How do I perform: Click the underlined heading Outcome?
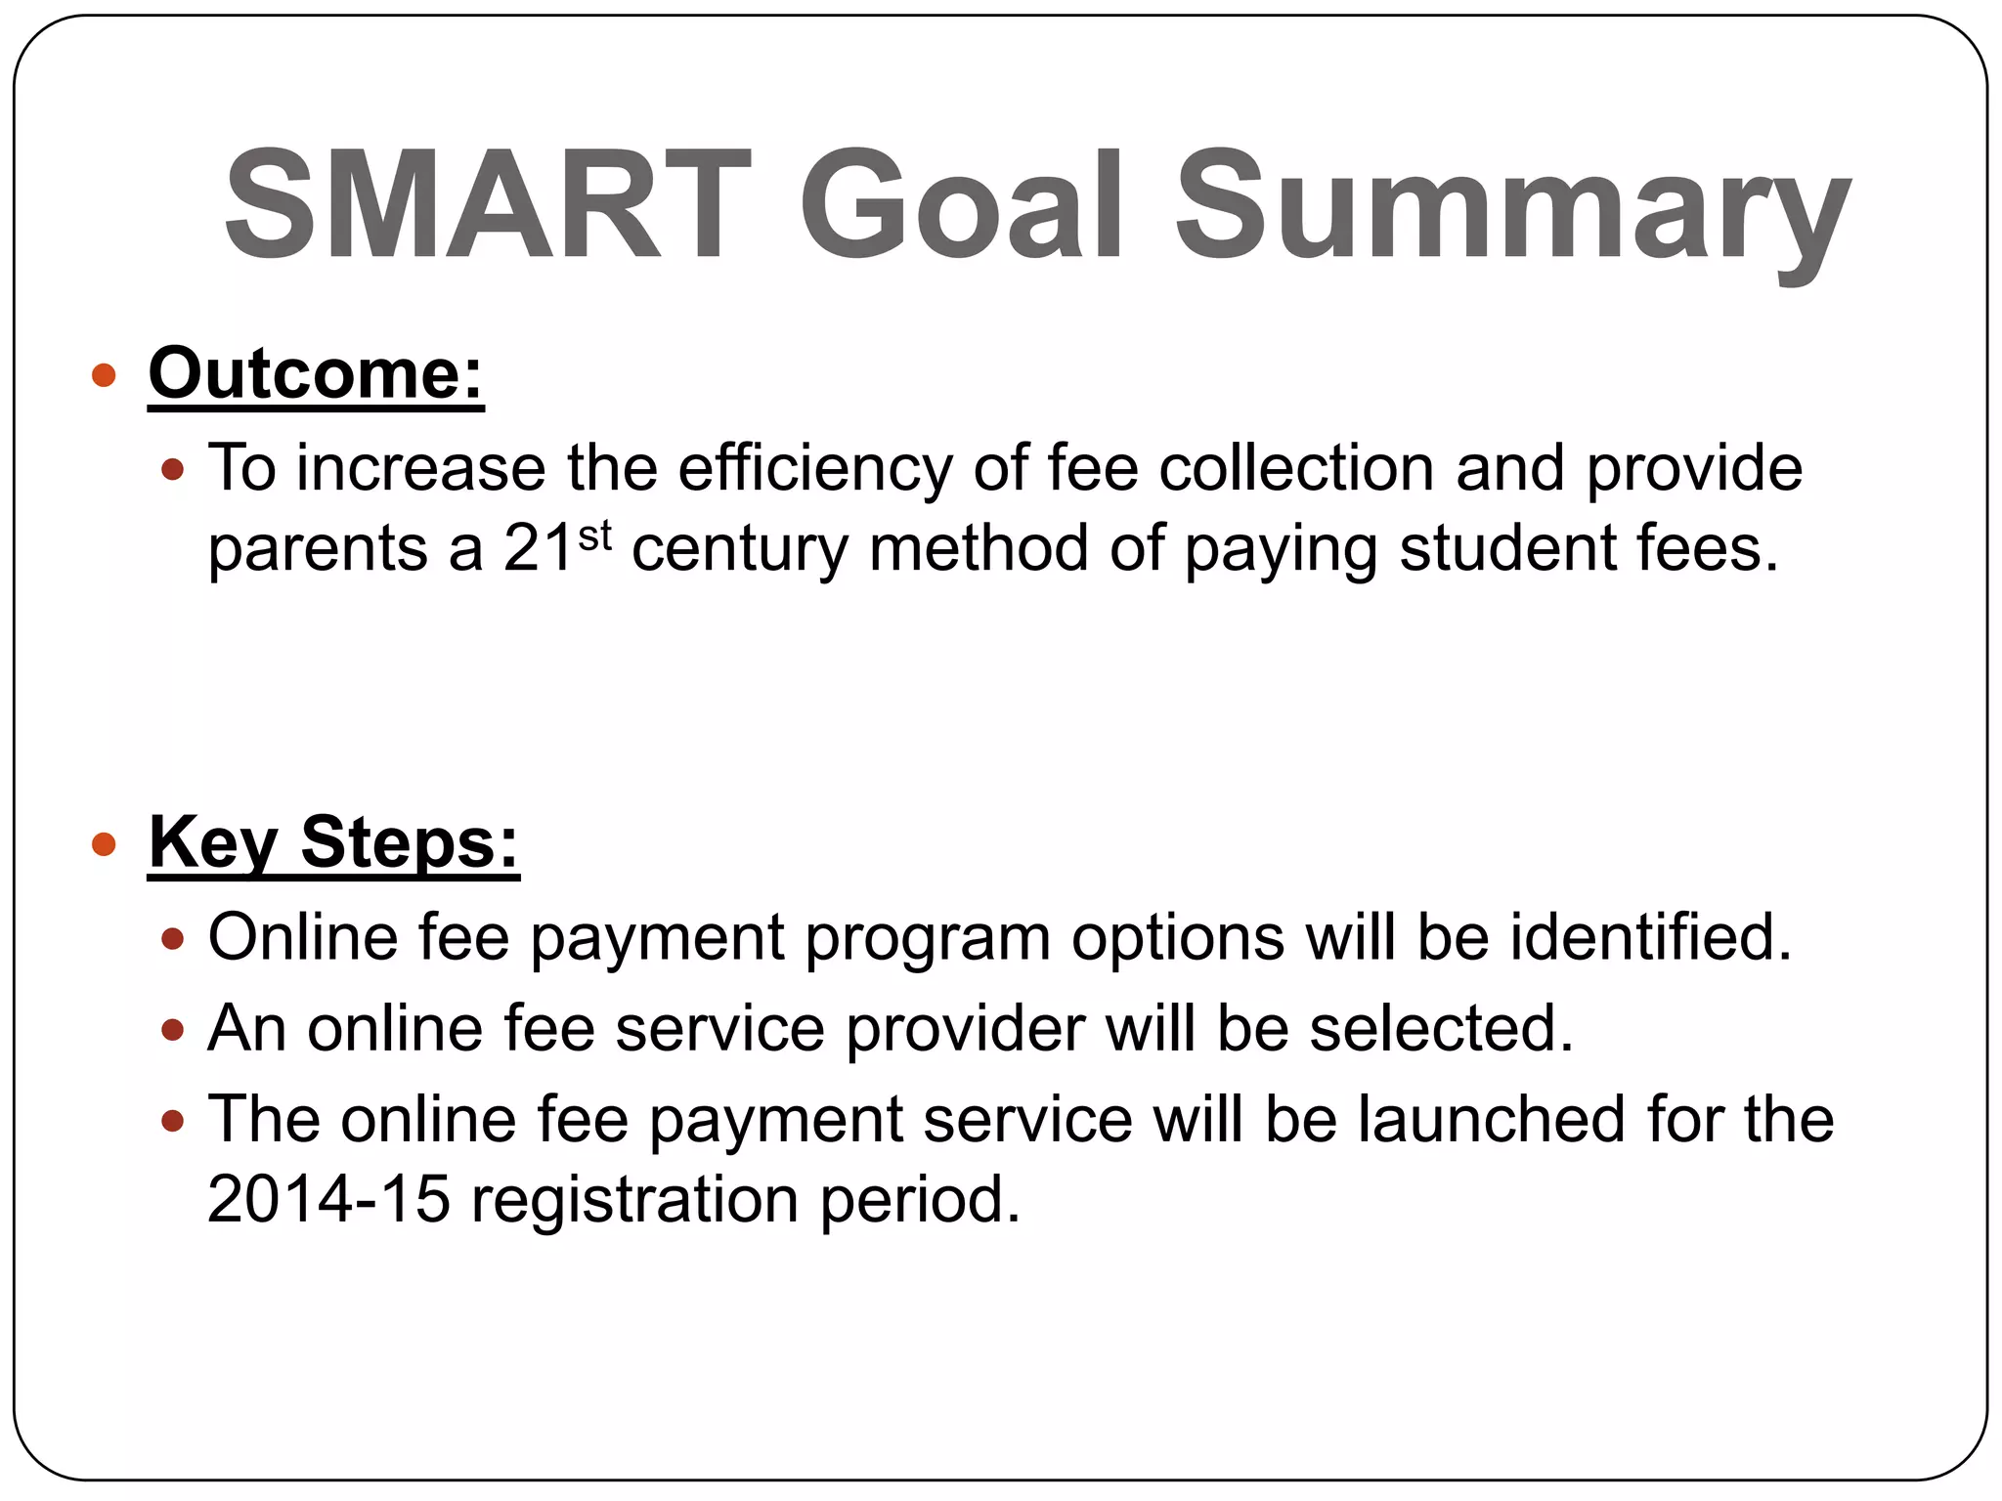[x=316, y=373]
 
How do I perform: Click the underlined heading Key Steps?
[x=333, y=842]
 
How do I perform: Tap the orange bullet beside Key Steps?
[x=104, y=843]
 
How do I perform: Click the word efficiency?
[x=814, y=469]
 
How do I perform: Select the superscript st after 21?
[x=594, y=536]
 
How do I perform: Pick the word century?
[x=739, y=549]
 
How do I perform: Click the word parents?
[x=318, y=549]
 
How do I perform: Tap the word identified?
[x=1650, y=937]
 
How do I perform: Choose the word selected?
[x=1441, y=1029]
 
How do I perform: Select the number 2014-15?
[x=328, y=1199]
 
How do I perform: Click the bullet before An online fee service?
[x=172, y=1030]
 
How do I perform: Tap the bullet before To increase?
[x=172, y=470]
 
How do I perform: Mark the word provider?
[x=965, y=1029]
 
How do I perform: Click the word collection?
[x=1296, y=469]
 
